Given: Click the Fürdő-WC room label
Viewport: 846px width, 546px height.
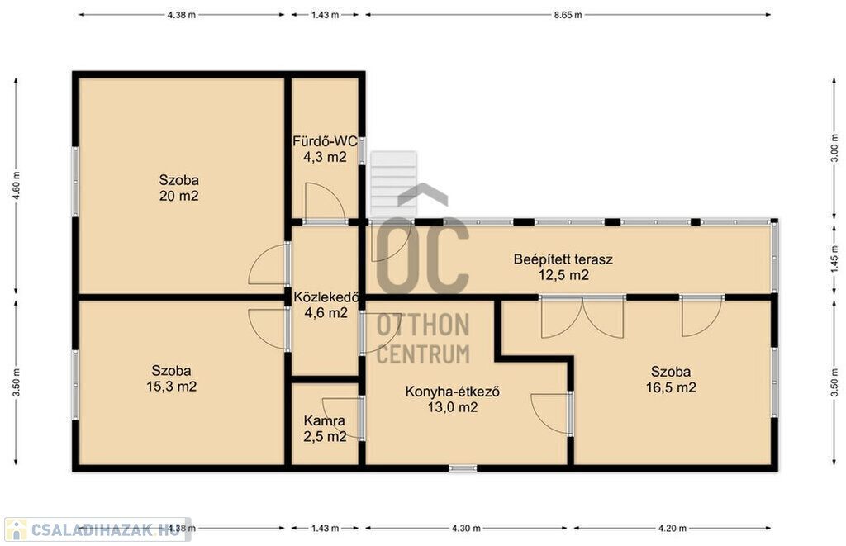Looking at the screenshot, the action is (x=325, y=141).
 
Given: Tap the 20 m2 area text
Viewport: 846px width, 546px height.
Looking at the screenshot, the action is (x=178, y=195).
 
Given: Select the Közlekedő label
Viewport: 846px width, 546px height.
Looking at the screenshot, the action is (x=326, y=297).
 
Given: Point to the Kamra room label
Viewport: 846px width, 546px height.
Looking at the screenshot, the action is (x=324, y=420).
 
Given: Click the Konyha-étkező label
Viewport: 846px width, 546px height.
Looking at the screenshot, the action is (x=452, y=392).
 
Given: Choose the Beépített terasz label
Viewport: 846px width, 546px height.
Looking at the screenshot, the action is (x=563, y=259).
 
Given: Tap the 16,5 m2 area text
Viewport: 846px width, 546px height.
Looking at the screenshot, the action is (x=671, y=387).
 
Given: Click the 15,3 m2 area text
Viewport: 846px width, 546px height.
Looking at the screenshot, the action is (x=171, y=387).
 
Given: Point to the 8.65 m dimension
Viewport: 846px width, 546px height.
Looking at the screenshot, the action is (x=568, y=15).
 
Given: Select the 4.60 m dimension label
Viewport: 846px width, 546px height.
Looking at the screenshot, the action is (x=17, y=186).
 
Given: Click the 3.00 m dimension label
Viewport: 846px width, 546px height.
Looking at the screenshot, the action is (x=834, y=149).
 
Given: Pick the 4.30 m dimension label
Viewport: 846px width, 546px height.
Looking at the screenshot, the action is (x=466, y=528).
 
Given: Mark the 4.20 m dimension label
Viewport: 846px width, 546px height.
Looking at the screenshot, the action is (x=673, y=528).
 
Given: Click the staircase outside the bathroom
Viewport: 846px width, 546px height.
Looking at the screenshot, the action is (x=393, y=184).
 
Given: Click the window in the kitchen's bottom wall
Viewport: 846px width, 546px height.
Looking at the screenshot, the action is (x=463, y=468).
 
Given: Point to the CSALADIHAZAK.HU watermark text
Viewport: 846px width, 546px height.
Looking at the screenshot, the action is (x=100, y=529).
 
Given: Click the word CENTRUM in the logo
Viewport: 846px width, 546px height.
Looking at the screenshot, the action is (x=423, y=354).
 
